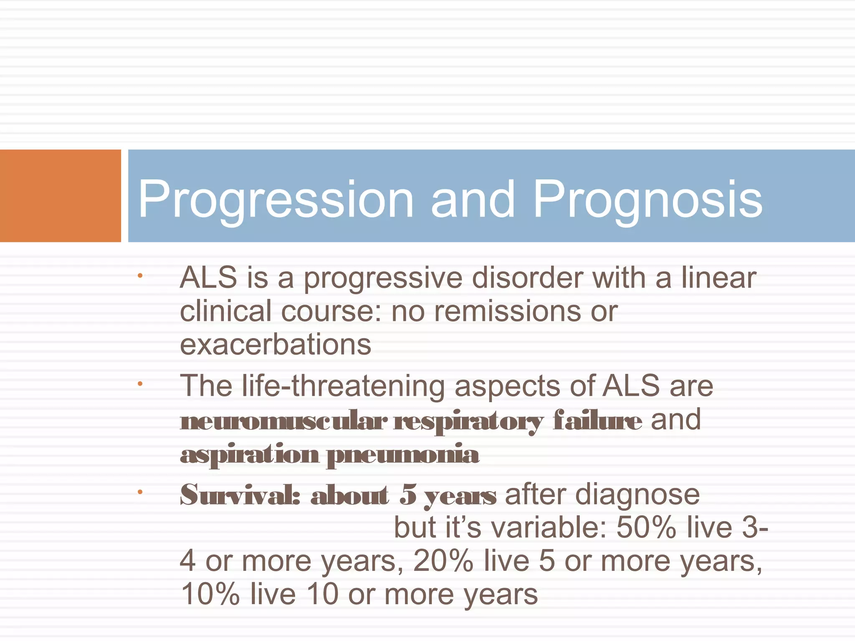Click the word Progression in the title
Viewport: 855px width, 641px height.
pos(276,199)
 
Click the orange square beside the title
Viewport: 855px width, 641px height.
pos(60,195)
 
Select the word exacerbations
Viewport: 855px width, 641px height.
pos(276,345)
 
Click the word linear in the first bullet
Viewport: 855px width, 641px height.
pos(718,278)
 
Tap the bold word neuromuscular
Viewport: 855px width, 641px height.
pos(283,421)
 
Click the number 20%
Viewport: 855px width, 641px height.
pos(443,561)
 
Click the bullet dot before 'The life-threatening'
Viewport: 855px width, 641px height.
pos(140,384)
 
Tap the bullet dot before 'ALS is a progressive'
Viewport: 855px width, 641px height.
pos(140,275)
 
